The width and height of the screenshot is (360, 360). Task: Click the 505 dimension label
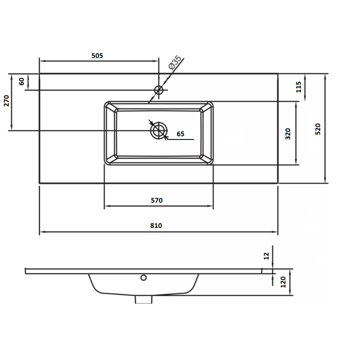(x=97, y=56)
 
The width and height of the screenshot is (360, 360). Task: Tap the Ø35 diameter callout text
(x=175, y=62)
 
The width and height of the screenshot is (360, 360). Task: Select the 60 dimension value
(x=22, y=82)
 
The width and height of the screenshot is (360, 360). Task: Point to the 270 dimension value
(x=6, y=101)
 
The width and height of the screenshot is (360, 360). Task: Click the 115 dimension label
(x=298, y=87)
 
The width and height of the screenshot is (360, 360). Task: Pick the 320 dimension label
(x=288, y=134)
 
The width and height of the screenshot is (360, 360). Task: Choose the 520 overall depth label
(x=318, y=129)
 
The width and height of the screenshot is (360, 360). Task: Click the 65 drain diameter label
(x=180, y=134)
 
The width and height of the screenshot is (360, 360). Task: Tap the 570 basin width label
(x=157, y=200)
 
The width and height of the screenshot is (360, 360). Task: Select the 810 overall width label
(x=156, y=226)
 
